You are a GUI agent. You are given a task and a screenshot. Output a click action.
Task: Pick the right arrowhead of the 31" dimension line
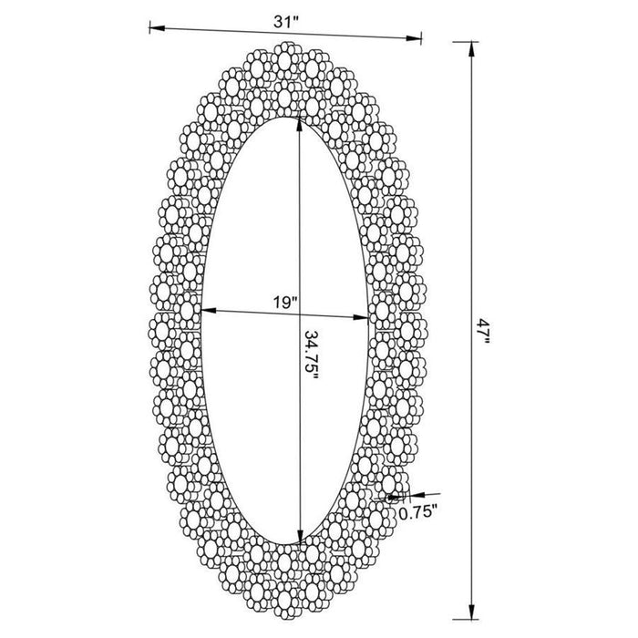point(417,37)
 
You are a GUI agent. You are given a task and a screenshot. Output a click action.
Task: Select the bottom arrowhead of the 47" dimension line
point(471,601)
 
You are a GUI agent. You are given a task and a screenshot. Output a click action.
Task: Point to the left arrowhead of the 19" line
point(206,311)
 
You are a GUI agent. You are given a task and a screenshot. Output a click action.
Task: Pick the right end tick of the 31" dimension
point(422,37)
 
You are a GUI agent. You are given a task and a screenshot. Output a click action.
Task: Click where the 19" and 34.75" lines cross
point(299,315)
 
